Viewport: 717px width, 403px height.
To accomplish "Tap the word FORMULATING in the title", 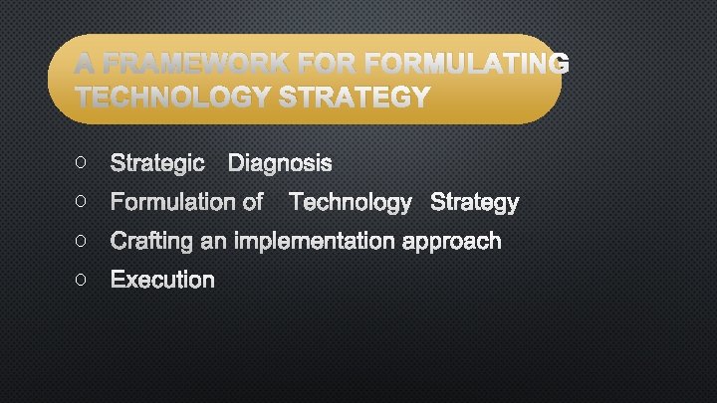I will pos(468,65).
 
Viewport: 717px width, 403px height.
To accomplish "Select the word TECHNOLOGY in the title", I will pos(174,98).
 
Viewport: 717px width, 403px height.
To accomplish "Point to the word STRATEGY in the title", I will pos(357,98).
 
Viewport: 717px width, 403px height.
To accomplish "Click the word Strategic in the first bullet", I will pos(157,163).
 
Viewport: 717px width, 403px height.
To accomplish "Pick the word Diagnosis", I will pos(280,163).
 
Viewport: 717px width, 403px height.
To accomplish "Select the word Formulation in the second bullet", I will pos(173,203).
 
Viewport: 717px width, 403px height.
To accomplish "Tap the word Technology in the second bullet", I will pos(350,203).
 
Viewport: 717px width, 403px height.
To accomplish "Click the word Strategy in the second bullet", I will pos(474,203).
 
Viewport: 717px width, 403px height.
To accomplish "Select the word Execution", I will pos(162,280).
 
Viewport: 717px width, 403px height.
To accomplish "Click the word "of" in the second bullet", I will pos(252,203).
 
